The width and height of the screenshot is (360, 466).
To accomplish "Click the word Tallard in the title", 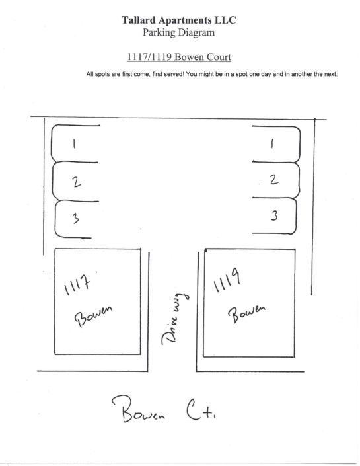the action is pos(138,20).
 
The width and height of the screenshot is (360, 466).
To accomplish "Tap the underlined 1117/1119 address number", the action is pos(149,57).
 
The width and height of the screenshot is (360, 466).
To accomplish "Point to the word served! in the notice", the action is pos(174,74).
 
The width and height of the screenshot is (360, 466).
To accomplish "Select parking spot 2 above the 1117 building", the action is pos(76,181).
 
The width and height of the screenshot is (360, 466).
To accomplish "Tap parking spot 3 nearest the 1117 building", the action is pos(76,219).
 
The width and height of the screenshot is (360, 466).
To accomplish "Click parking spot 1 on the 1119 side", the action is pos(276,144).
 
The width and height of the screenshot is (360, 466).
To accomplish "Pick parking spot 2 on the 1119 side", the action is pos(276,180).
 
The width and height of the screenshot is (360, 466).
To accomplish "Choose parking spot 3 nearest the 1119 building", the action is pos(275,215).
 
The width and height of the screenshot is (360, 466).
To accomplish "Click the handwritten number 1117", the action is pos(77,284).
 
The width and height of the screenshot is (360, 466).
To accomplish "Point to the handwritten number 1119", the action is pos(227,280).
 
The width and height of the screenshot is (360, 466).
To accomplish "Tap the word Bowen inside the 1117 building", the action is pos(93,316).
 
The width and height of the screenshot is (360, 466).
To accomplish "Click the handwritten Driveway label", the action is pos(175,319).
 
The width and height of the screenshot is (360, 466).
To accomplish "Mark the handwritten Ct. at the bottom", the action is pos(201,410).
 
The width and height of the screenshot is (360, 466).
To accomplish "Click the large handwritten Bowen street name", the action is pos(138,409).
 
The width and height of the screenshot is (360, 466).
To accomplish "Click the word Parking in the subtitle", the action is pos(159,32).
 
